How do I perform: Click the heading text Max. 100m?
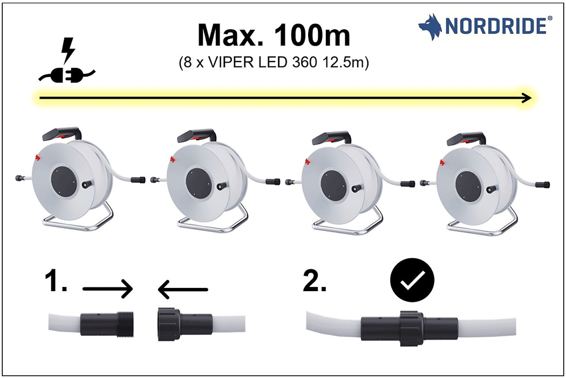(x=274, y=36)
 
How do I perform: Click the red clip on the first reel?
(x=38, y=157)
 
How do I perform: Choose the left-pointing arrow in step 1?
(x=182, y=290)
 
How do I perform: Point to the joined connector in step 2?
(x=410, y=327)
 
